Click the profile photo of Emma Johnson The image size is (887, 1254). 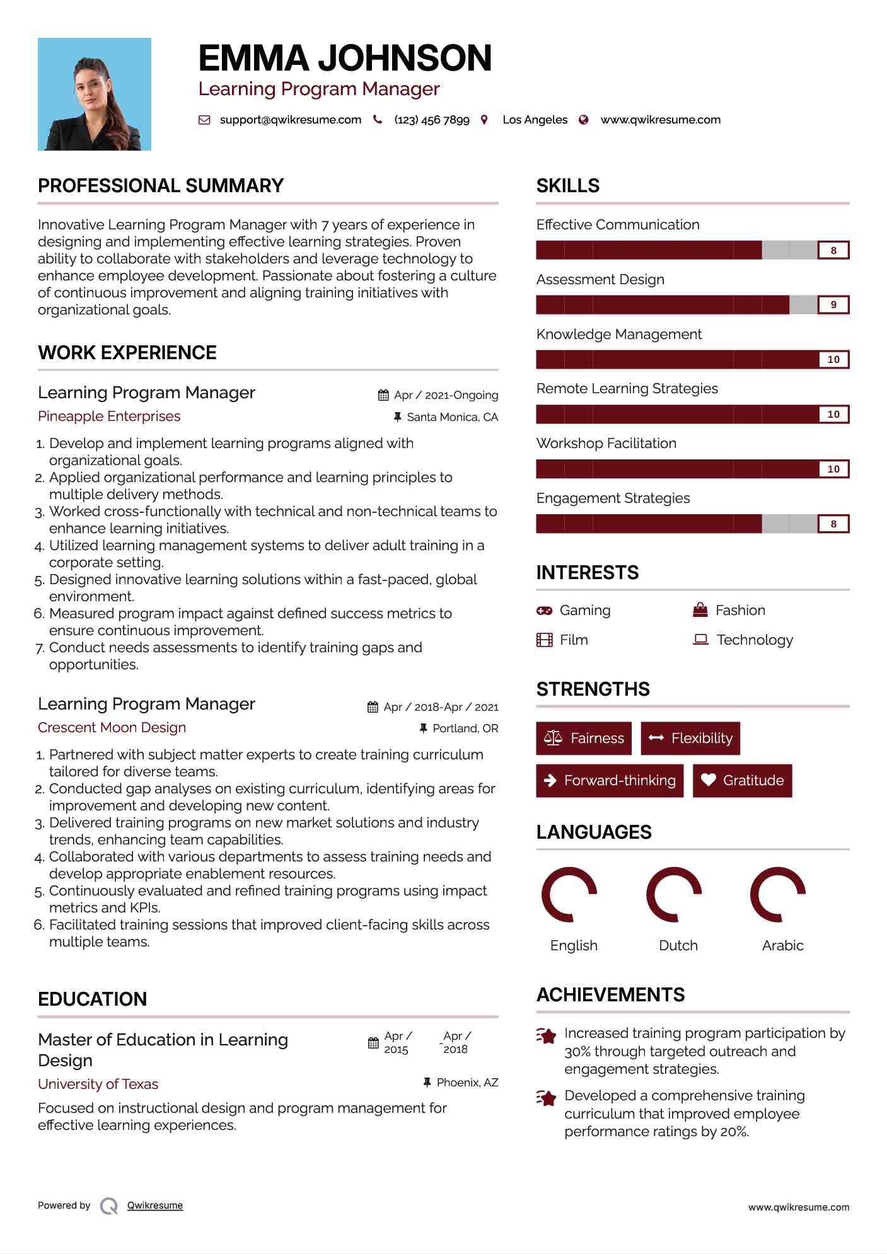(95, 94)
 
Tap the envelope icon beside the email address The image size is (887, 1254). (204, 120)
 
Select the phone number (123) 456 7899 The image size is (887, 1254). (431, 120)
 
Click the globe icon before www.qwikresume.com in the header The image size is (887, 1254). (584, 120)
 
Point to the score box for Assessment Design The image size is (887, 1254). (833, 305)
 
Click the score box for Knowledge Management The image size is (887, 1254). (833, 360)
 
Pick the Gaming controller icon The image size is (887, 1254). (544, 611)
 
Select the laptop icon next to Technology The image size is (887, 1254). (700, 640)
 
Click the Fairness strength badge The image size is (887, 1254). (584, 738)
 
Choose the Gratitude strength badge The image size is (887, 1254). (742, 780)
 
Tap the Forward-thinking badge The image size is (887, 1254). (610, 780)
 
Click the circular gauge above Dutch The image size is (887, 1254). (674, 895)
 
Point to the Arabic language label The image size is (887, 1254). (782, 945)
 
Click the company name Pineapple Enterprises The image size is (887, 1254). (109, 417)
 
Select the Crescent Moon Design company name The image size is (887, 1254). (112, 728)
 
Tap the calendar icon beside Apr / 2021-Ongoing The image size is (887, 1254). (383, 395)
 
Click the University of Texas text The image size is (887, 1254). (98, 1084)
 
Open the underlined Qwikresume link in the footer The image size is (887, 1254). (155, 1205)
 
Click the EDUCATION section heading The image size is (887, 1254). (92, 999)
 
